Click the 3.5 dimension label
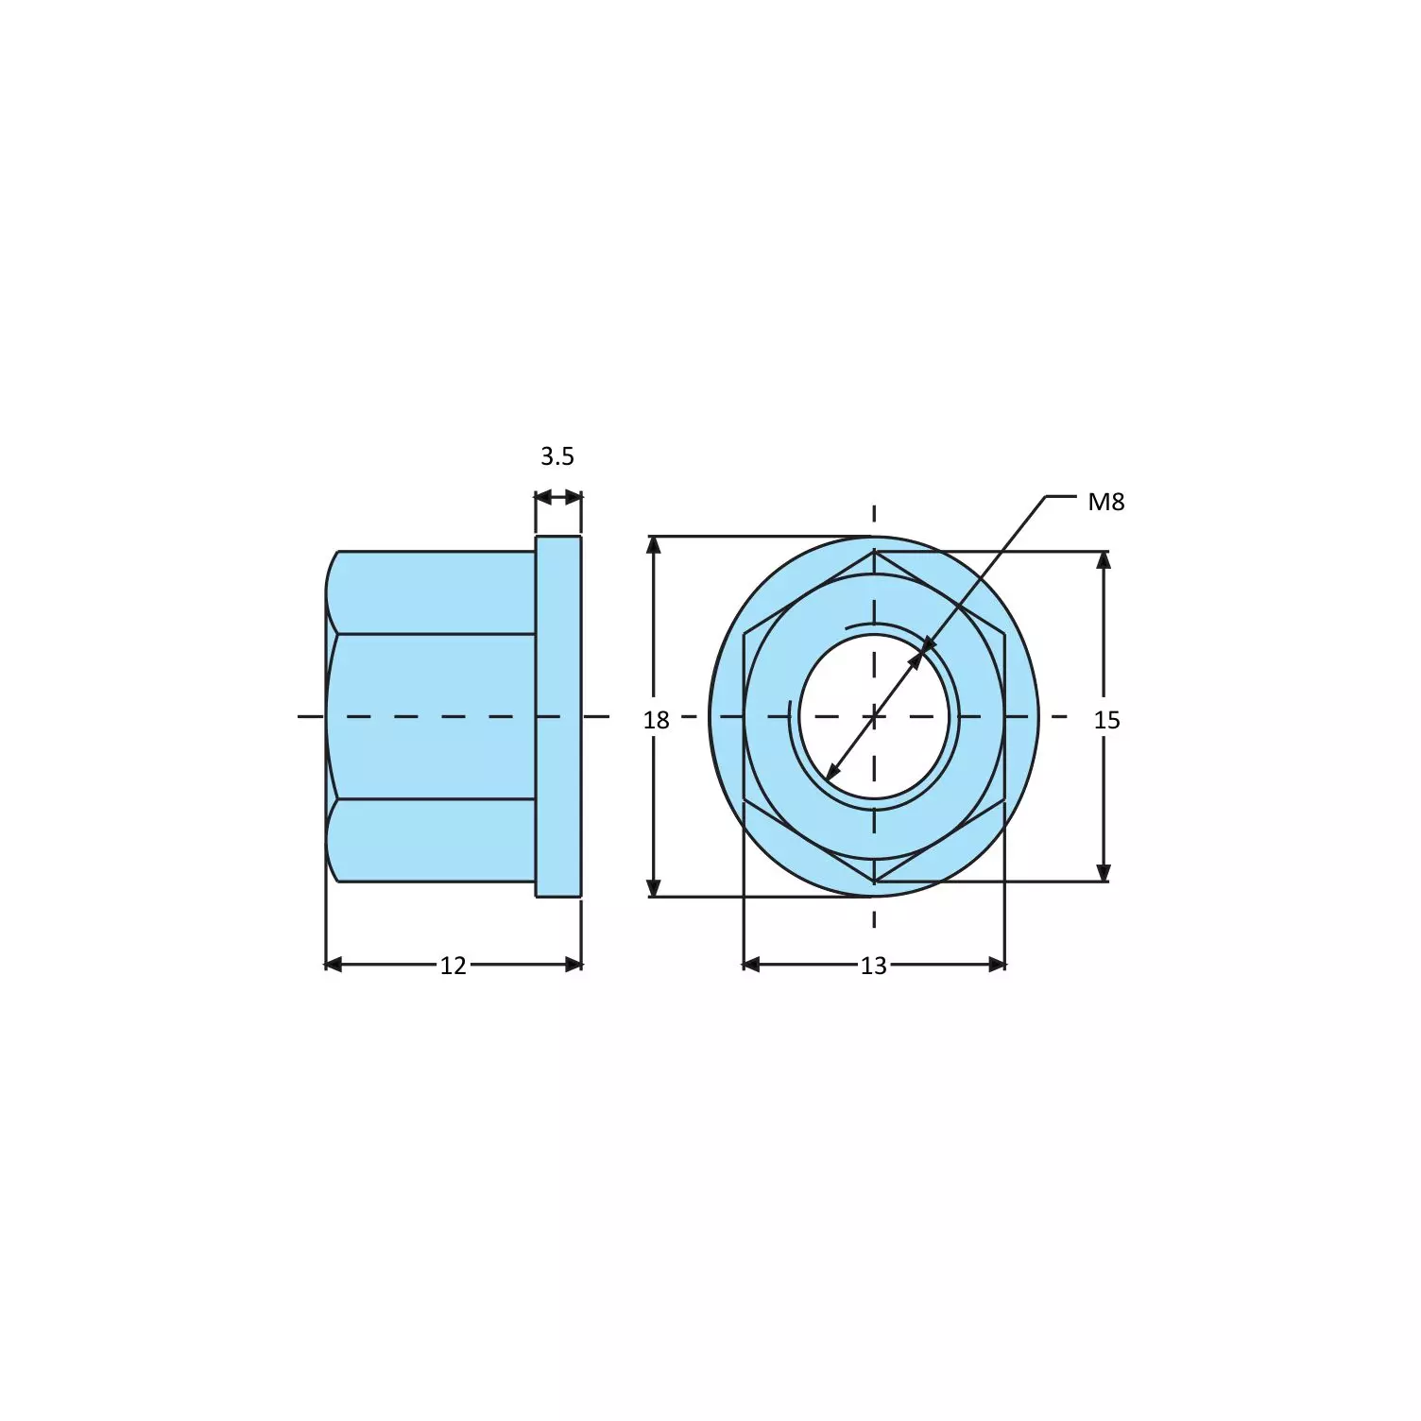point(556,456)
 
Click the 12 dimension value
point(453,966)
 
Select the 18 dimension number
point(656,721)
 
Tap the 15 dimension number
point(1106,721)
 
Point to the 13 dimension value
point(873,966)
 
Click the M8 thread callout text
point(1105,502)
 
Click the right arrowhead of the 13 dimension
point(998,965)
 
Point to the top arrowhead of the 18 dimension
point(653,544)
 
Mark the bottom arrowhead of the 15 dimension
point(1104,872)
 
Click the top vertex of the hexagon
point(874,553)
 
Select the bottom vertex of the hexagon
point(874,882)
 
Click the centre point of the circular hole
point(874,716)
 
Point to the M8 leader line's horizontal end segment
point(1060,496)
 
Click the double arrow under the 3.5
point(557,497)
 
